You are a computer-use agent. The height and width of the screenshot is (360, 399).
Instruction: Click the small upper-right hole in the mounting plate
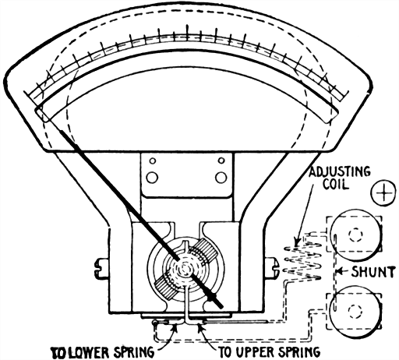pyautogui.click(x=221, y=163)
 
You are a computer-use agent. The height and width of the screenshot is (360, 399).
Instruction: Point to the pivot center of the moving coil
pyautogui.click(x=185, y=269)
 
